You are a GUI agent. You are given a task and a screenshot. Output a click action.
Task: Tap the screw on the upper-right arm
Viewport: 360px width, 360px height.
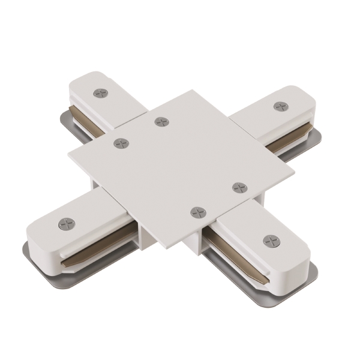[x=280, y=106]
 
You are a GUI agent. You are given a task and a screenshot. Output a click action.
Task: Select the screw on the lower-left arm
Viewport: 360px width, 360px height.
[x=67, y=224]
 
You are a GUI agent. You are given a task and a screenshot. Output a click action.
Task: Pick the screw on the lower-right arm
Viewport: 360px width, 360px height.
[x=271, y=241]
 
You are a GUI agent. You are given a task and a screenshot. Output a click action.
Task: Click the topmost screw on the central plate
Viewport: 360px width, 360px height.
[x=161, y=122]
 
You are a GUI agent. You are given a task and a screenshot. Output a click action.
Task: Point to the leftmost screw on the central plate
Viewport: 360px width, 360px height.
[x=121, y=143]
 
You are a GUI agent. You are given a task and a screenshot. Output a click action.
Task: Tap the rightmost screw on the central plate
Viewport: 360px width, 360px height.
[x=240, y=188]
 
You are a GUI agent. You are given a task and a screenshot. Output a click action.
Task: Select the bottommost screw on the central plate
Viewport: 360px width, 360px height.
[x=197, y=212]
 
